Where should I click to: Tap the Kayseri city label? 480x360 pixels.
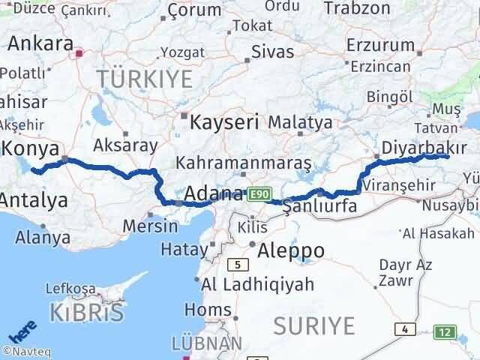click(x=224, y=121)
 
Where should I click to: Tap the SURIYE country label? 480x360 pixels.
click(x=313, y=325)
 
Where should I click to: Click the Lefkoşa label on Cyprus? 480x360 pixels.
click(x=70, y=288)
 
